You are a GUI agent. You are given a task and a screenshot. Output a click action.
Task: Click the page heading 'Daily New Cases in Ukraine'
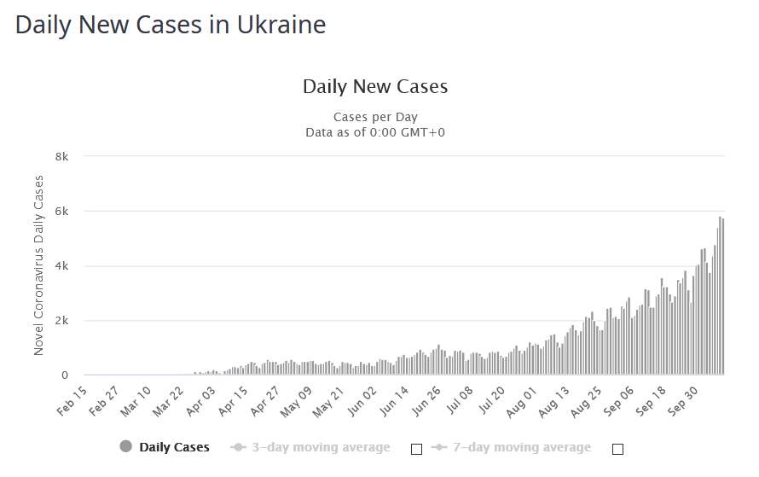point(171,25)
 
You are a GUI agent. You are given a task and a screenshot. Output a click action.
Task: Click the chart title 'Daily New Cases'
point(375,86)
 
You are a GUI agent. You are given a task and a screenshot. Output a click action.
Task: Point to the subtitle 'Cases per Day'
point(375,117)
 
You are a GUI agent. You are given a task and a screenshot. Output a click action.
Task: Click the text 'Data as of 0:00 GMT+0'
point(375,132)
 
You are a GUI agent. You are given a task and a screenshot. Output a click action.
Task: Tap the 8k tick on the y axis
point(62,156)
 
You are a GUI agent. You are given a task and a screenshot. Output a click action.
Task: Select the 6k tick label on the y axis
point(62,211)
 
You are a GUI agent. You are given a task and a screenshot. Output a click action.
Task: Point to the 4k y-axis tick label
point(62,265)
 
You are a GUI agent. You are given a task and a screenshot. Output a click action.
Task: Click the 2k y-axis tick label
point(62,321)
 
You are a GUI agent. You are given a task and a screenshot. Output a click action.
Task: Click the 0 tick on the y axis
point(65,375)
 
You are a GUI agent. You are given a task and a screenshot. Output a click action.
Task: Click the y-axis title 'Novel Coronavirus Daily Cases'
point(38,265)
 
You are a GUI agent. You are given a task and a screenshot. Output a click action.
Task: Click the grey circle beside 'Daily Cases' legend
point(126,446)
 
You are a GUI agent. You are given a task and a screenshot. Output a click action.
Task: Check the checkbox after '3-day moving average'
point(417,448)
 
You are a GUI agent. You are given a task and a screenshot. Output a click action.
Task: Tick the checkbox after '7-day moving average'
point(617,448)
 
